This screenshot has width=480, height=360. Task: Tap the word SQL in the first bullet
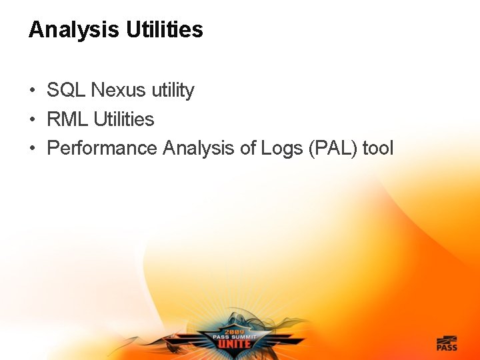[67, 90]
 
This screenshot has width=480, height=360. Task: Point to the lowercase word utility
[171, 91]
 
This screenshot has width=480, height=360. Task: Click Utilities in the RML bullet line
[124, 119]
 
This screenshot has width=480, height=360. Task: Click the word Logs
[281, 149]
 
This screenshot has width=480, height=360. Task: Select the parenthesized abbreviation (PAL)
[333, 149]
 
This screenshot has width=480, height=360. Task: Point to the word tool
[379, 148]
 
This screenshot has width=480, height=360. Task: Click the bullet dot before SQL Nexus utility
[32, 91]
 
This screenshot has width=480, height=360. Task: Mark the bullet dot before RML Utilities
[32, 120]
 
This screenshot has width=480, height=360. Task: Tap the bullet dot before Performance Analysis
[32, 149]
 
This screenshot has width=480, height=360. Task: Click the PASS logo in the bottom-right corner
[446, 343]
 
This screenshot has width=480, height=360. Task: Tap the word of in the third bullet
[247, 148]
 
